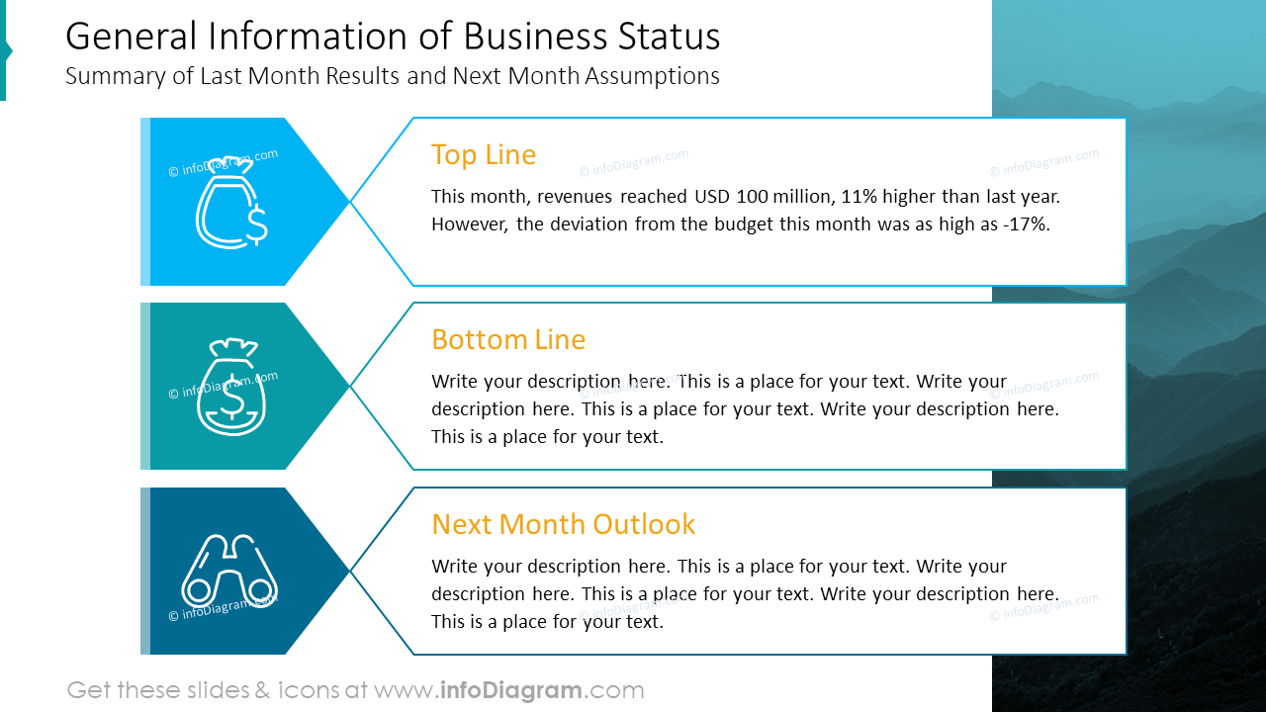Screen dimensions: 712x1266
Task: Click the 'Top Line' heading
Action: tap(484, 155)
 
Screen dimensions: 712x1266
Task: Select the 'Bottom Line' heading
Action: tap(508, 340)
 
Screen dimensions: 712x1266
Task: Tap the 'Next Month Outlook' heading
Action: tap(564, 524)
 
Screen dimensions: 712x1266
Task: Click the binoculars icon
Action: tap(228, 571)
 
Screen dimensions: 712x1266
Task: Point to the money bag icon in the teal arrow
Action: tap(232, 388)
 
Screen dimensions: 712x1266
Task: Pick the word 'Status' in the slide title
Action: tap(669, 37)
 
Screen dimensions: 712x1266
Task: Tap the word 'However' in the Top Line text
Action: tap(469, 224)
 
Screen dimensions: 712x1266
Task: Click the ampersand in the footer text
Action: tap(262, 690)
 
